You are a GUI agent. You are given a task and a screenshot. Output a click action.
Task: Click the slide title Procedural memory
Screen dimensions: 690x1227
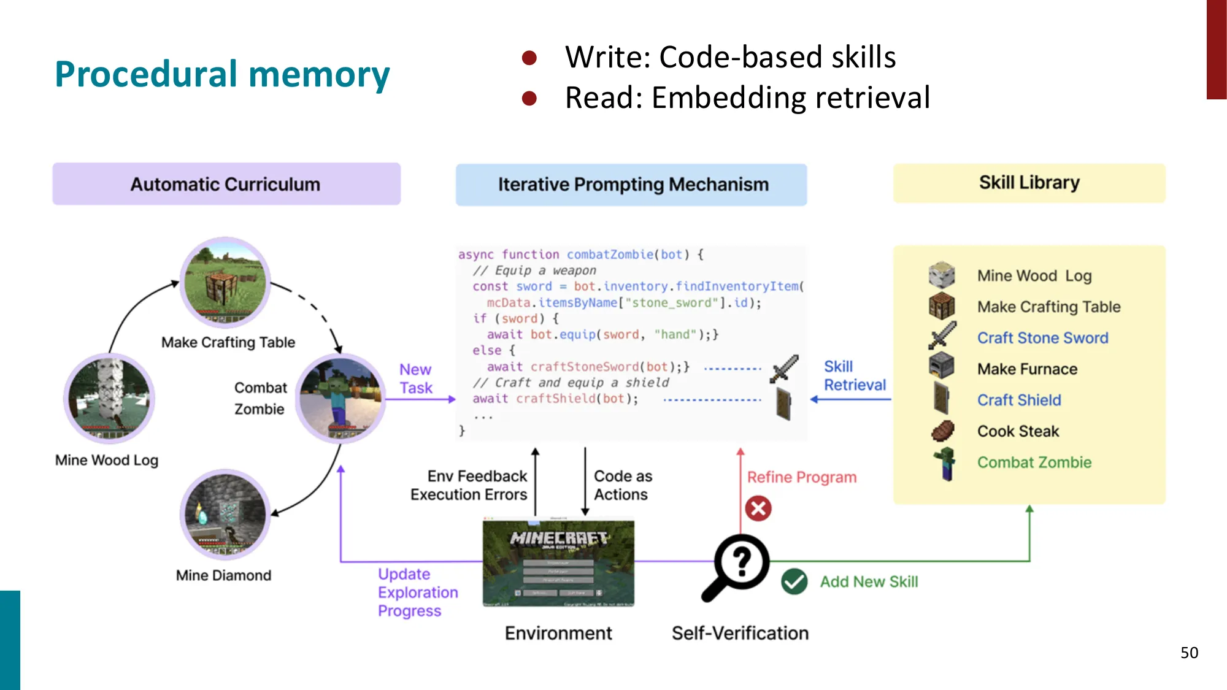point(222,74)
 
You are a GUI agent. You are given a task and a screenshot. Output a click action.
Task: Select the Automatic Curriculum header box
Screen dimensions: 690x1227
point(226,184)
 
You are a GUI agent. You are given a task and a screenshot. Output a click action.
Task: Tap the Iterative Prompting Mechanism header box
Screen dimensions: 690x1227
point(632,185)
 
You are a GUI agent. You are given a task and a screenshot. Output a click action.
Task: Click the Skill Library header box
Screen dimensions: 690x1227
point(1029,183)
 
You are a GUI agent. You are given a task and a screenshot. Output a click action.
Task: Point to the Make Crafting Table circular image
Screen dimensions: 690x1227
point(225,283)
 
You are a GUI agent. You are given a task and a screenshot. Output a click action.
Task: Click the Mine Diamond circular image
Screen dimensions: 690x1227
point(225,514)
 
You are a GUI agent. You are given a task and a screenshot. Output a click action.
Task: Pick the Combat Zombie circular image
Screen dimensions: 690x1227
point(340,399)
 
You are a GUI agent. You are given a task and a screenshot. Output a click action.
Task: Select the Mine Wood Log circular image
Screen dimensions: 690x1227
point(109,399)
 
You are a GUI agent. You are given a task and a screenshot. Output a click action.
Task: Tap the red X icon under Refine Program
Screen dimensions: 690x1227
point(758,508)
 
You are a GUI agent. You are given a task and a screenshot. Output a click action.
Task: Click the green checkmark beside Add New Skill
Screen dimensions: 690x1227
point(794,581)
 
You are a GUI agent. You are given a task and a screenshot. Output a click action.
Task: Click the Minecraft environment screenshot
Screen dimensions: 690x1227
point(558,563)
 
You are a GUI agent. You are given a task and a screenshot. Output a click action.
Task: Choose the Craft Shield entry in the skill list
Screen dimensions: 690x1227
point(1019,400)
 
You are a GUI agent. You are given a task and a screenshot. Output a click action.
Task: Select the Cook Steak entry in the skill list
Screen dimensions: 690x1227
point(1018,431)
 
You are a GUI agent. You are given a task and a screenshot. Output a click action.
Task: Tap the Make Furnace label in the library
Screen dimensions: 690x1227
point(1027,369)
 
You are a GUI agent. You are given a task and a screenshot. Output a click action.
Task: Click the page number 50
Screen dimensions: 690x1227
point(1189,653)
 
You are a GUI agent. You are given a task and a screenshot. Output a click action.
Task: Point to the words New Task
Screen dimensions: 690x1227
point(415,378)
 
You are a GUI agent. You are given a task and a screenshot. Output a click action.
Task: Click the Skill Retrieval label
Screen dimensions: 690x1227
point(854,375)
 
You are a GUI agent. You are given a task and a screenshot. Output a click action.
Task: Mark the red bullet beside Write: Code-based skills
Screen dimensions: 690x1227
point(529,58)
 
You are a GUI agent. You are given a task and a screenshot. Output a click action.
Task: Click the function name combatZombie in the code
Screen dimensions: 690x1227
point(609,255)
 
